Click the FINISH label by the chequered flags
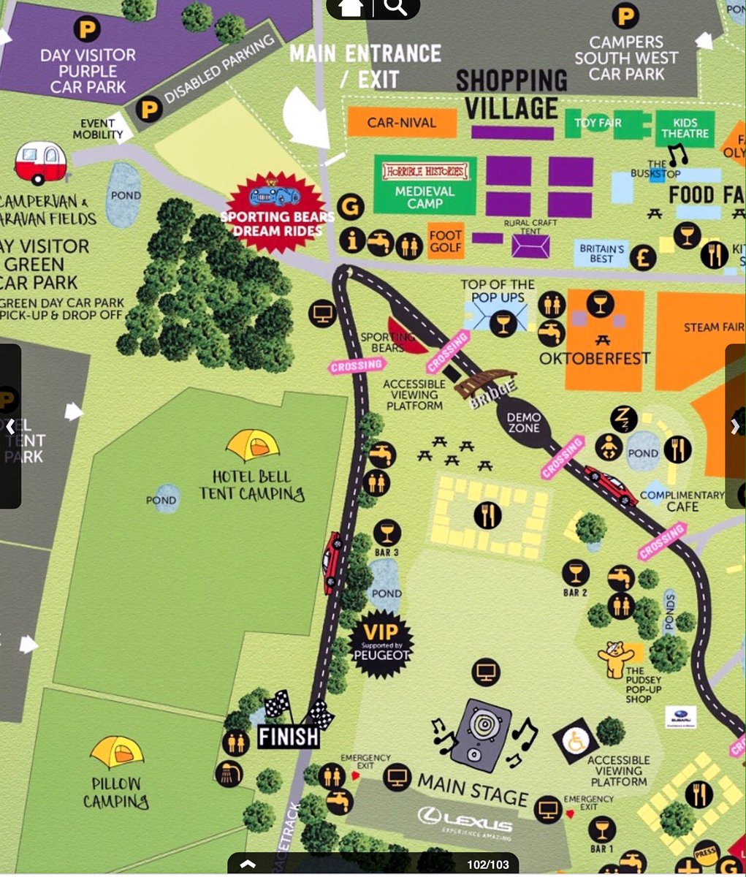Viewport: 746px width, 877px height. (289, 736)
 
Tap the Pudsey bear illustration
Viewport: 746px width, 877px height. (615, 659)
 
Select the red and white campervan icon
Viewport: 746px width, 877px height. (41, 162)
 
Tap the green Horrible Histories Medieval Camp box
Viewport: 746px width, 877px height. (425, 186)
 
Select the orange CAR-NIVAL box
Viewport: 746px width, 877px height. (401, 123)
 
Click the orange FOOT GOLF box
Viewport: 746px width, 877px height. (445, 240)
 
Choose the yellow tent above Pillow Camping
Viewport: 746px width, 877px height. (117, 752)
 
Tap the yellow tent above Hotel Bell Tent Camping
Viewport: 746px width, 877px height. (253, 445)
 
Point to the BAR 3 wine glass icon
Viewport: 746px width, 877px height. (387, 533)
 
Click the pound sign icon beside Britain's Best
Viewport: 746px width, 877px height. (643, 257)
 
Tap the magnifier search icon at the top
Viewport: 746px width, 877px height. (395, 7)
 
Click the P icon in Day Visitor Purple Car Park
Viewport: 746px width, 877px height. (87, 30)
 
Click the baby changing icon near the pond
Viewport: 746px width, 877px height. (608, 446)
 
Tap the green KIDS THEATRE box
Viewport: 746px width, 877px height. (685, 129)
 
